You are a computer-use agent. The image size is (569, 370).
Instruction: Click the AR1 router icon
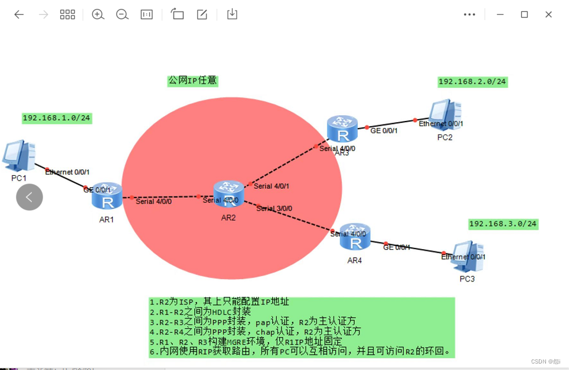(107, 196)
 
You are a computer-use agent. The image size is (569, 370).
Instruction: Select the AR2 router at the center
(229, 194)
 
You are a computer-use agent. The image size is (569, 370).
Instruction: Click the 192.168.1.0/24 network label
(57, 118)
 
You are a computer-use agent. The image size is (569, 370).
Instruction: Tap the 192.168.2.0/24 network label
(472, 82)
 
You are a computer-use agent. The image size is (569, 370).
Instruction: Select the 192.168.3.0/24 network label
(503, 224)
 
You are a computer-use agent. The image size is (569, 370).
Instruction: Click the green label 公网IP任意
(192, 81)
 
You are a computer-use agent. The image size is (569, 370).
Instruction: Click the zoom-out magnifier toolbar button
(122, 15)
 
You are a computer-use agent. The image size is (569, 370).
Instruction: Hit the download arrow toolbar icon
(232, 15)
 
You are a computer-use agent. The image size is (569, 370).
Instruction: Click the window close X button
(548, 15)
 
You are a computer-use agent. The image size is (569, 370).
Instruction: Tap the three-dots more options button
(469, 15)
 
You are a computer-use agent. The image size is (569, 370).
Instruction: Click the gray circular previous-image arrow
(30, 197)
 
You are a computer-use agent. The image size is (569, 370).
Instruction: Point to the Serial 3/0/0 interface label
(274, 208)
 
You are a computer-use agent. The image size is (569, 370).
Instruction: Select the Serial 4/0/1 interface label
(272, 186)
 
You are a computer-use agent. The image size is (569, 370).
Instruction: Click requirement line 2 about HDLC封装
(200, 312)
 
